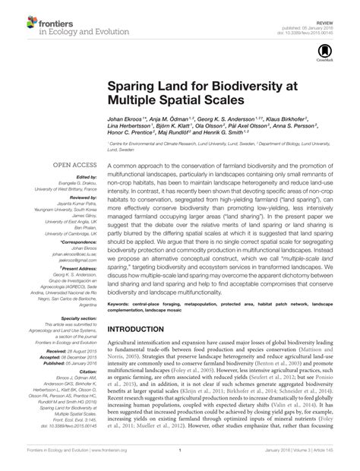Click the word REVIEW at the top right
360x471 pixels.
tap(336, 5)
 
